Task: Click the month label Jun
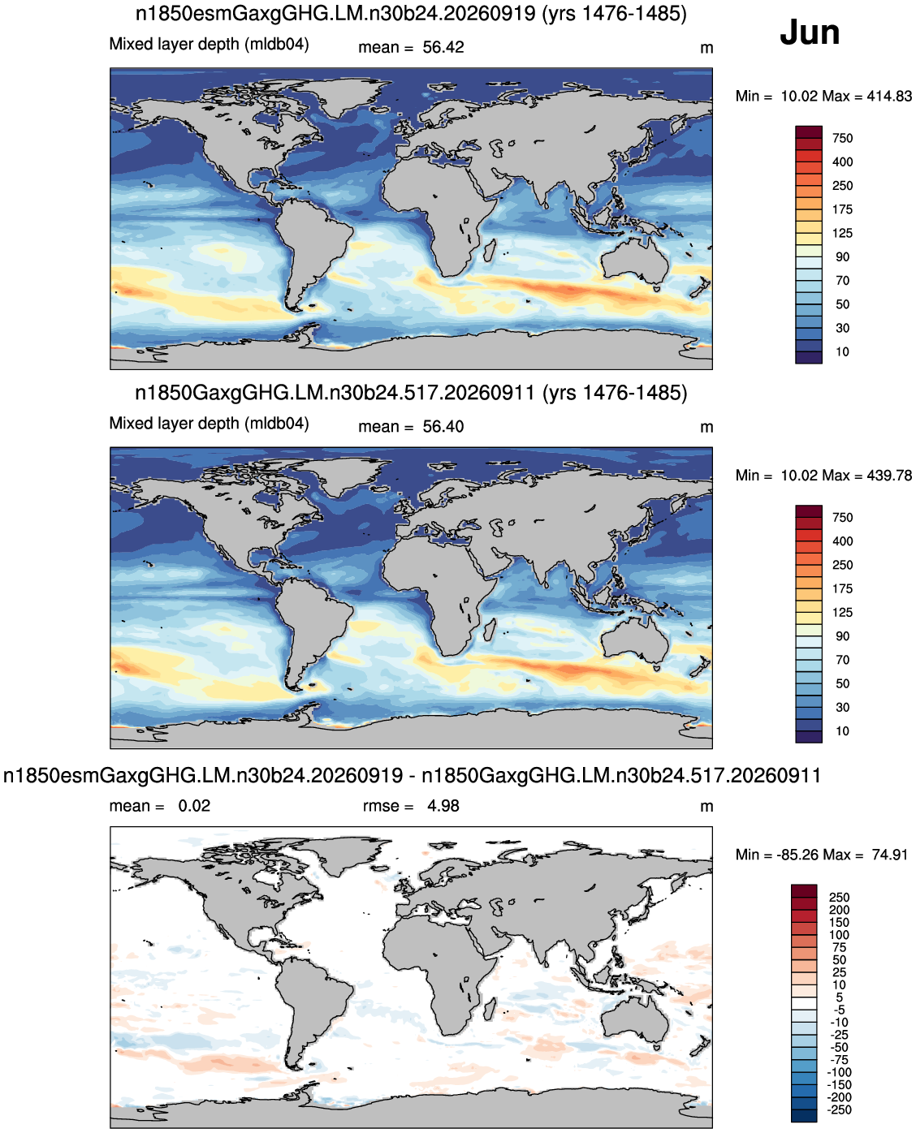point(809,32)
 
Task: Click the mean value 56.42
point(443,47)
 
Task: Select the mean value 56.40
point(443,427)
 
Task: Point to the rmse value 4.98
point(443,806)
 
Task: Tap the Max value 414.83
point(889,97)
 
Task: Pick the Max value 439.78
point(889,476)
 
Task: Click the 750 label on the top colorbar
point(842,138)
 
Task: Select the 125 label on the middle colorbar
point(842,612)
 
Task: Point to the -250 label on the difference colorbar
point(840,1109)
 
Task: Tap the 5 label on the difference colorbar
point(840,998)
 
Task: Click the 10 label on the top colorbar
point(842,351)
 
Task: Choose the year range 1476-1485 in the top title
point(614,13)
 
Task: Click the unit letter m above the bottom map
point(706,807)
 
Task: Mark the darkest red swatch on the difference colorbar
point(804,890)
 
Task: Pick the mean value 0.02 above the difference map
point(194,806)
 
